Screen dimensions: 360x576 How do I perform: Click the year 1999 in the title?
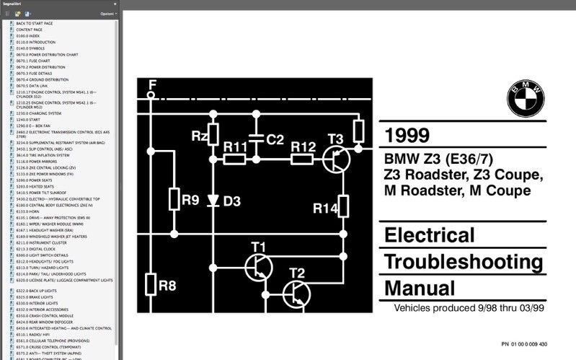point(407,136)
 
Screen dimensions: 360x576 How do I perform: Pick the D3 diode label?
point(231,201)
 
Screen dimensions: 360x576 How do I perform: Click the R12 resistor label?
point(303,146)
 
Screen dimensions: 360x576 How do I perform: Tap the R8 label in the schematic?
point(167,286)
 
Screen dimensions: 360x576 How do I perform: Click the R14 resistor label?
point(325,208)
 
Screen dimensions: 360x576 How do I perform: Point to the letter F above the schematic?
point(151,84)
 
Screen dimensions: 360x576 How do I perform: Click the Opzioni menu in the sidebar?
point(107,14)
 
